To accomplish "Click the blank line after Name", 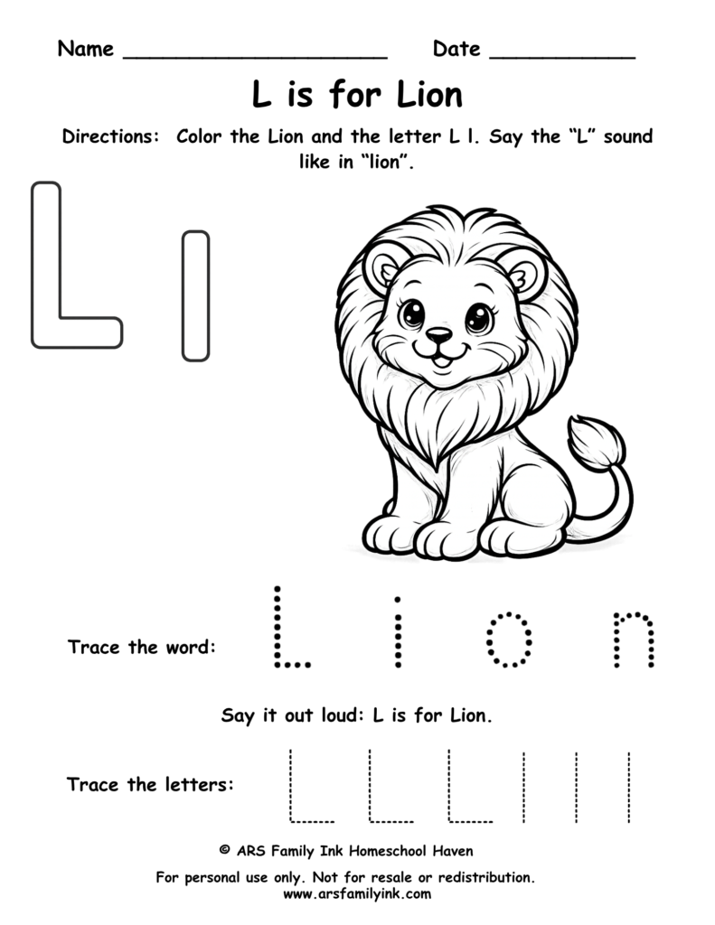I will point(254,56).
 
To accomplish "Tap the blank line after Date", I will point(561,56).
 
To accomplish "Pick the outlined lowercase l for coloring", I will point(195,295).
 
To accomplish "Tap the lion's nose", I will point(439,336).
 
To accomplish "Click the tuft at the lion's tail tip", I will point(597,443).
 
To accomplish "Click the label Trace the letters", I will point(150,784).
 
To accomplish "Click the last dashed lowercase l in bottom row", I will point(628,786).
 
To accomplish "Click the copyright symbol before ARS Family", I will point(224,851).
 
